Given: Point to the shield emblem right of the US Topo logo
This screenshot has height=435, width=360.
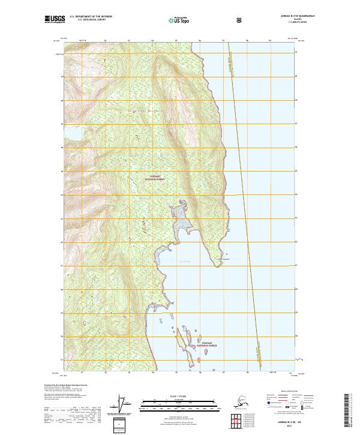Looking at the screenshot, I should tap(241, 19).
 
